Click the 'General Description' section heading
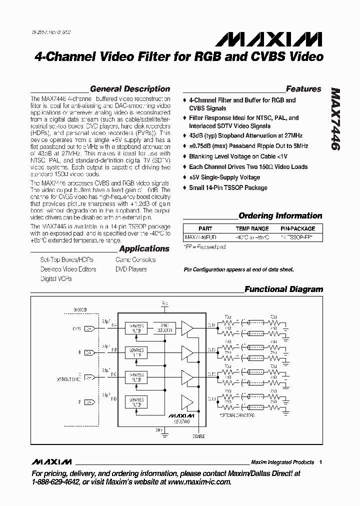pos(130,89)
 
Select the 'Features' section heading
pos(303,89)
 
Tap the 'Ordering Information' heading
pos(280,216)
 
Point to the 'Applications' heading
pos(144,248)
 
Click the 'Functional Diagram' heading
pos(283,289)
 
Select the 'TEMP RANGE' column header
pos(252,228)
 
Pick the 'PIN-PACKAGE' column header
pos(298,228)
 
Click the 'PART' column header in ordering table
pos(205,228)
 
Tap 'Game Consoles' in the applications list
pos(135,260)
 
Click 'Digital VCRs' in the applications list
pos(56,278)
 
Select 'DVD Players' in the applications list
pos(131,269)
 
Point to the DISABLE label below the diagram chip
pos(198,435)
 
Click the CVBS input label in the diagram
pos(76,328)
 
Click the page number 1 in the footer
pos(320,462)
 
